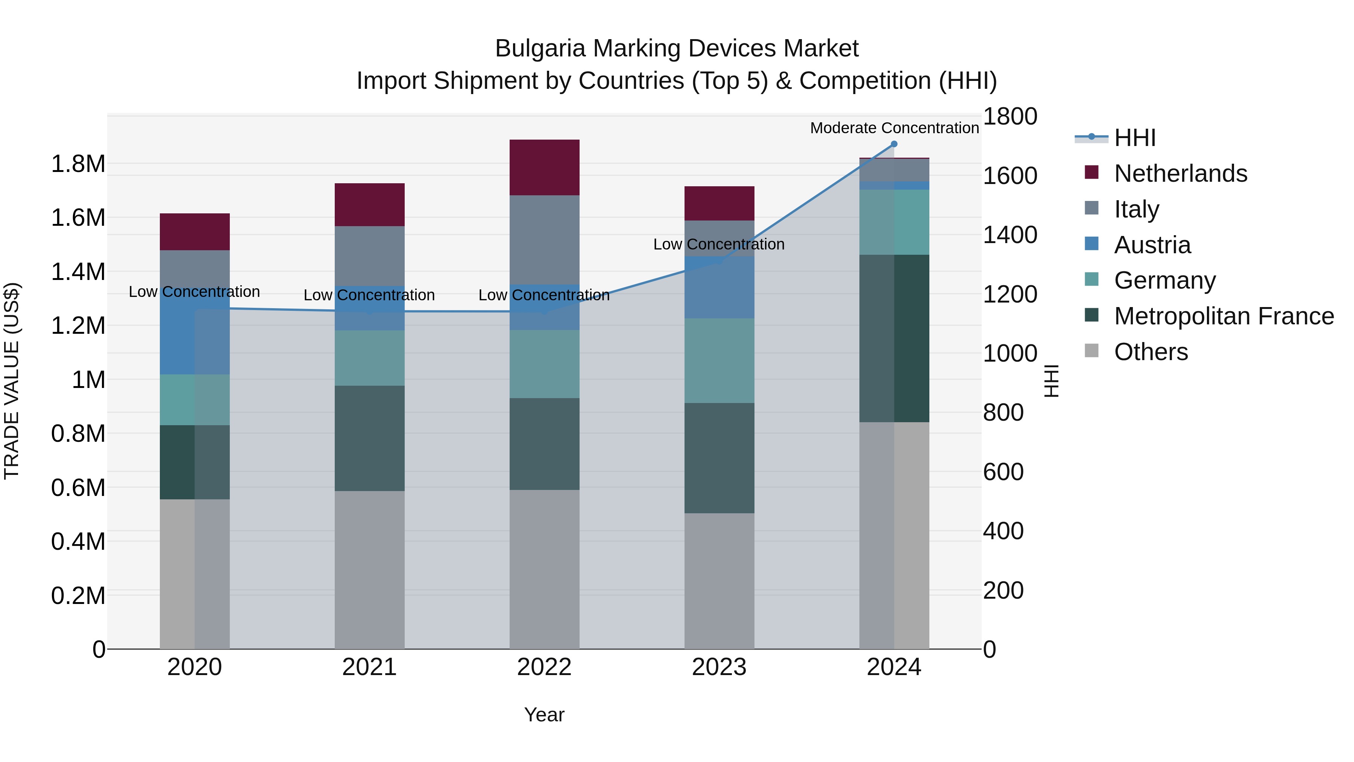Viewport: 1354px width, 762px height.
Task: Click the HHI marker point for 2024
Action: pos(894,144)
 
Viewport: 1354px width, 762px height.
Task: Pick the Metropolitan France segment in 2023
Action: pos(719,458)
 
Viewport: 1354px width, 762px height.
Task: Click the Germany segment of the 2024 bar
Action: pos(894,222)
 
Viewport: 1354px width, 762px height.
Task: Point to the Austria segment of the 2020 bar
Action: pos(194,336)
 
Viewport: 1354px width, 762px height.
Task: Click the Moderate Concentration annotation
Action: pos(894,128)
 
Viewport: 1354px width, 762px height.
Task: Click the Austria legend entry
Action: pos(1152,245)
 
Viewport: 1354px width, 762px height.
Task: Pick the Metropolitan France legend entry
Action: pos(1223,316)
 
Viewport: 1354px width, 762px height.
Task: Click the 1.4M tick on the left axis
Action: pos(78,272)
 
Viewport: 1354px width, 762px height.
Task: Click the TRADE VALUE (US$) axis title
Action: pos(12,381)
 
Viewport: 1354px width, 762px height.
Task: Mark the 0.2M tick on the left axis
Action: pos(78,596)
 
